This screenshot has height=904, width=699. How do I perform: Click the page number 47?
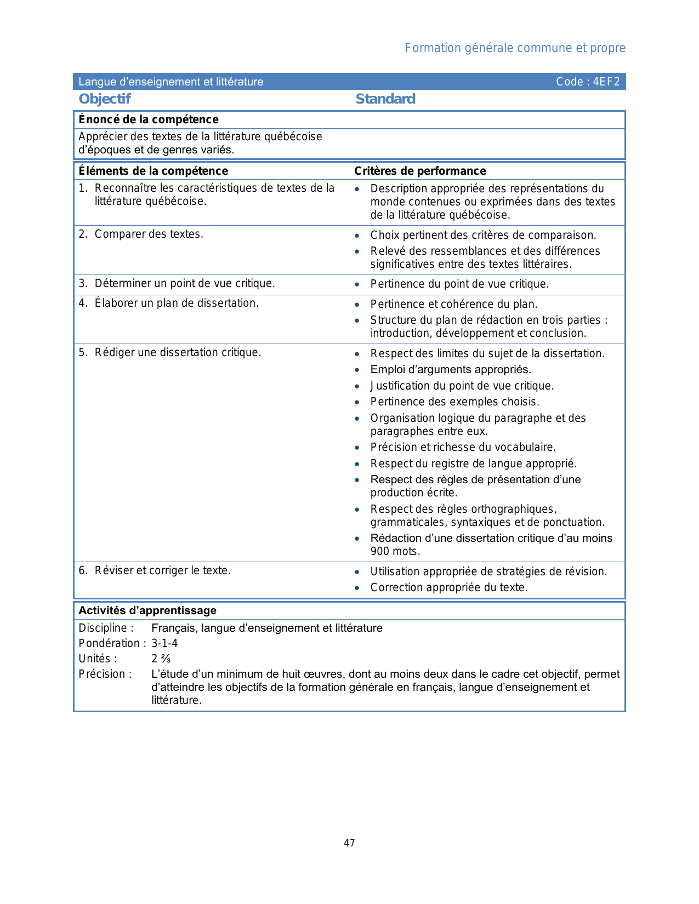[x=349, y=843]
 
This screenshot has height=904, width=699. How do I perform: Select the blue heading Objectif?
[x=105, y=99]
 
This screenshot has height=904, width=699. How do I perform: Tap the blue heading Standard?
[x=385, y=99]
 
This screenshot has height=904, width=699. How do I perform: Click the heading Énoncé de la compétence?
[x=149, y=119]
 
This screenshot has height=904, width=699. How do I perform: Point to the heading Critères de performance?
[x=420, y=171]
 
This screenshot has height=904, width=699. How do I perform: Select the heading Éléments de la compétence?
[x=153, y=171]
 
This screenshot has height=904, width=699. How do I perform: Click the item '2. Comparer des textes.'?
[x=141, y=234]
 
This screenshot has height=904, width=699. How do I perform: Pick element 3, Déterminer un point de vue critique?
[x=177, y=284]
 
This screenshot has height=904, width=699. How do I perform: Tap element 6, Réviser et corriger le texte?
[x=155, y=571]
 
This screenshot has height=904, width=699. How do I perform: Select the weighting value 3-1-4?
[x=164, y=644]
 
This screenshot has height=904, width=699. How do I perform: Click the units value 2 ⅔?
[x=161, y=659]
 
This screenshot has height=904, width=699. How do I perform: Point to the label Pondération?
[x=109, y=644]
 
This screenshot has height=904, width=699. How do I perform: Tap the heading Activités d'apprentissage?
[x=147, y=611]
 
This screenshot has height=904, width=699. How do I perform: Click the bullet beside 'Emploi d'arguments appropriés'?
[x=357, y=370]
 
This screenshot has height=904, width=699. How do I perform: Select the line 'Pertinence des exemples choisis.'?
[x=454, y=402]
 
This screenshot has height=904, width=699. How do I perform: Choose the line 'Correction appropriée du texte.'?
[x=448, y=588]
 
